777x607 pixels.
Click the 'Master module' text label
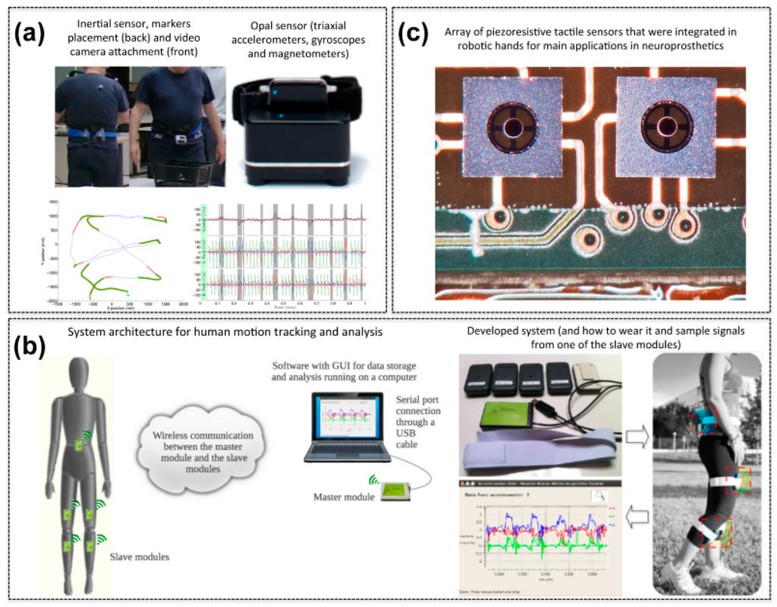(343, 498)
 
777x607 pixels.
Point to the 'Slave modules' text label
(140, 557)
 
